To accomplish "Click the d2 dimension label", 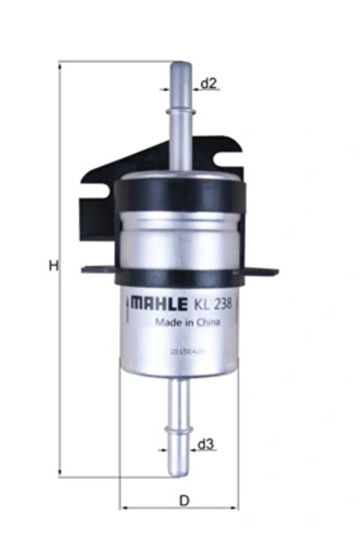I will pos(208,84).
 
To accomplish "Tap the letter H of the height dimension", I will pos(53,265).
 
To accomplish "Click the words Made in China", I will pos(183,322).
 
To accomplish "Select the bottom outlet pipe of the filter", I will pos(180,422).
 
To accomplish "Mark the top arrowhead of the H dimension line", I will pos(61,67).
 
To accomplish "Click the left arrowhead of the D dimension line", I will pos(125,507).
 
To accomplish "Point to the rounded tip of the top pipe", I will pos(180,66).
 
